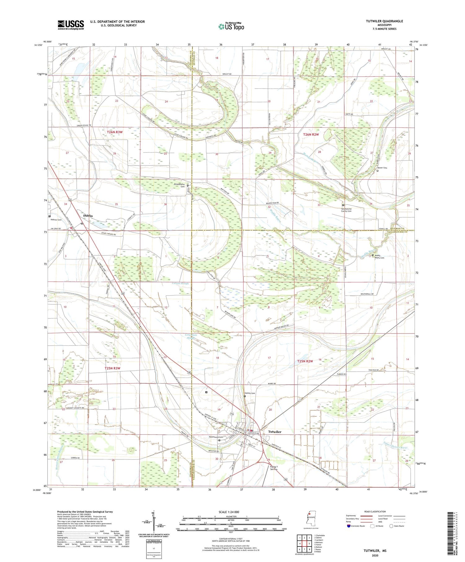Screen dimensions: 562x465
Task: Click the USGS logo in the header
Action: point(71,25)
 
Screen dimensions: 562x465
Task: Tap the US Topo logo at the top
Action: point(231,27)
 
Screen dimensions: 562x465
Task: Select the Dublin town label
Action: point(88,216)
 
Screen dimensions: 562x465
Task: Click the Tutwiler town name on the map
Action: point(275,432)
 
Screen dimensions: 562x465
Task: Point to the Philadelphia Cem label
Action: point(179,185)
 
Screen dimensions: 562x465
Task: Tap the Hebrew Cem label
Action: point(56,220)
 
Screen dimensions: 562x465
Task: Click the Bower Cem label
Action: point(382,168)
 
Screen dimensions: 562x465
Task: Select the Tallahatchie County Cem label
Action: point(346,210)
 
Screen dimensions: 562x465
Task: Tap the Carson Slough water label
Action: point(180,283)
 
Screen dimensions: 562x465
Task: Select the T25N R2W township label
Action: point(305,361)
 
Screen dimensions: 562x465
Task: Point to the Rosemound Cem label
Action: point(216,437)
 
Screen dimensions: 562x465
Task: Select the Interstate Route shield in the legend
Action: point(349,526)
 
